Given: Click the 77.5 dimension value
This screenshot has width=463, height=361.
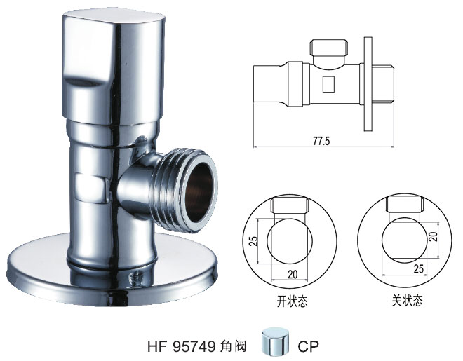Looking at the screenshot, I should (323, 141).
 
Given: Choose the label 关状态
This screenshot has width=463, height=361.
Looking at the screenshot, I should (407, 302).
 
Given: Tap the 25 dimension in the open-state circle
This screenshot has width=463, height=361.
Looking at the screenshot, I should (253, 240).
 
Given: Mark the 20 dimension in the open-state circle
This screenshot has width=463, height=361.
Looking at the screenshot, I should (283, 275).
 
